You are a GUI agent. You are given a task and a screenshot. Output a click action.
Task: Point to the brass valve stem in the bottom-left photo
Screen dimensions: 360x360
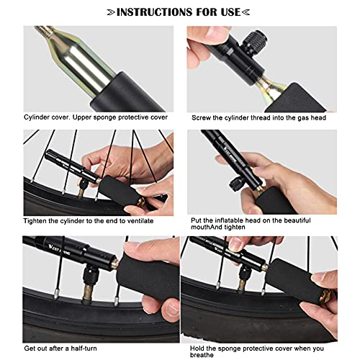point(89,292)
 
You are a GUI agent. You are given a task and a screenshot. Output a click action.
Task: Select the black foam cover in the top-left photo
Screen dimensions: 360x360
point(127,94)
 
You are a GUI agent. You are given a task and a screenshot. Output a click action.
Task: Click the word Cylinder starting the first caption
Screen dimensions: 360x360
point(37,117)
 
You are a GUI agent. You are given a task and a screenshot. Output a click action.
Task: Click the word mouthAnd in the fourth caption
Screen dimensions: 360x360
point(207,227)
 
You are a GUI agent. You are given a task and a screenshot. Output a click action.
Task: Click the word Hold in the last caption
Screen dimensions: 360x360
point(197,348)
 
